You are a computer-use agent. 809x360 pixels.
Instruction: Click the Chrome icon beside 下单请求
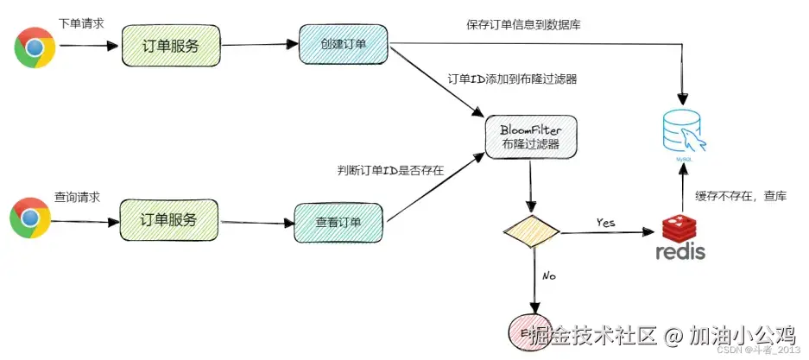35,47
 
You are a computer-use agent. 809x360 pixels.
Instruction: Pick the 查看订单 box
338,222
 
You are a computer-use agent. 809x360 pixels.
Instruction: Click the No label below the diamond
547,276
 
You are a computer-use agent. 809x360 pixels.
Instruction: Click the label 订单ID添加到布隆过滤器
512,79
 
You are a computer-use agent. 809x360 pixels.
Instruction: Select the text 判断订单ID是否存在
390,169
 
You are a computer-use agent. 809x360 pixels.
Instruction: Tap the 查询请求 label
77,196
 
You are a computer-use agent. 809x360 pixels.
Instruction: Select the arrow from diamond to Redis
609,233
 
